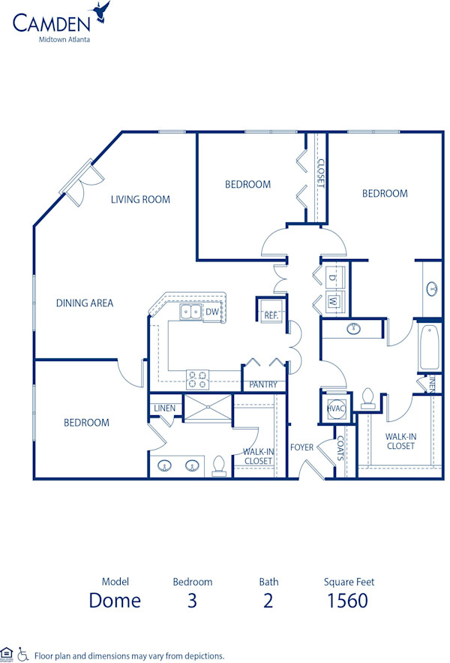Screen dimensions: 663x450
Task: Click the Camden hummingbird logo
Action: pos(100,13)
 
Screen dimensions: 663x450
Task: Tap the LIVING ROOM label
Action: pos(140,200)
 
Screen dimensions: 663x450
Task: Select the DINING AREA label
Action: pos(85,303)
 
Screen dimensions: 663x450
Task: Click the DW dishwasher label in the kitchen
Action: pos(212,311)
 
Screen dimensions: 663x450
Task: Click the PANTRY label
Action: pos(263,384)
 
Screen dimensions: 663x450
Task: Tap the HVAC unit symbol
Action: pos(334,408)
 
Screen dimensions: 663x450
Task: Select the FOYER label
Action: pos(302,448)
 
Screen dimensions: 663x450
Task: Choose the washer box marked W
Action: pos(334,302)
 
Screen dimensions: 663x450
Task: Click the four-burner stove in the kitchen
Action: pos(196,380)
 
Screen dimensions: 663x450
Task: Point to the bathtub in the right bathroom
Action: pos(429,347)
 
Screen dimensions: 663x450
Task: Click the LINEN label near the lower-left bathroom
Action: pos(164,408)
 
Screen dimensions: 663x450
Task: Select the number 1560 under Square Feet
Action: pos(348,601)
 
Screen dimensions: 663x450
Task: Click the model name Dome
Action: pos(115,601)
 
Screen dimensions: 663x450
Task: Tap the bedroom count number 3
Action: pos(192,601)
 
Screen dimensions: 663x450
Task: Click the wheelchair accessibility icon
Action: pos(22,654)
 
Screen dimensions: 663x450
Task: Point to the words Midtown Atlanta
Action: pos(64,40)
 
